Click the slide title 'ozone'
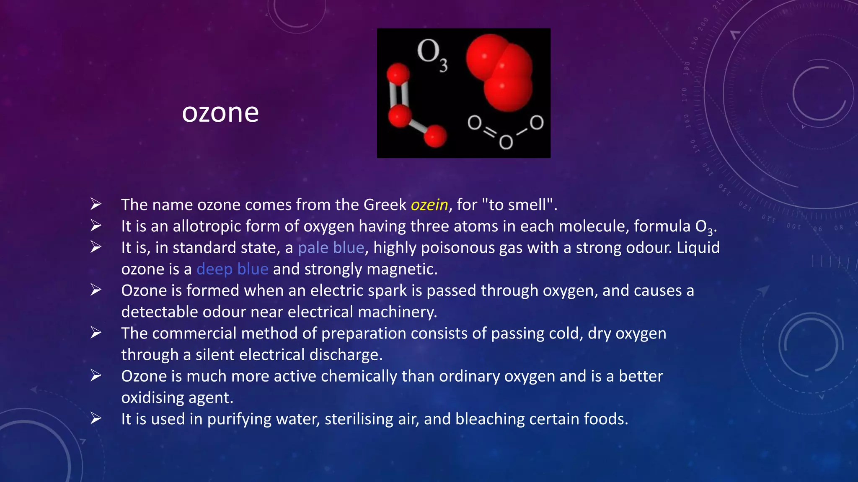[220, 113]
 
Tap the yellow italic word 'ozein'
[429, 205]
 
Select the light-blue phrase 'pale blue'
[331, 248]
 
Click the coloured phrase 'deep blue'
[232, 269]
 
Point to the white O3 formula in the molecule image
[432, 54]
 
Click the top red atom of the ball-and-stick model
[398, 74]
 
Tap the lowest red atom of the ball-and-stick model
[435, 136]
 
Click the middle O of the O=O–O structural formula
[506, 142]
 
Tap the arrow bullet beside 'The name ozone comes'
[96, 204]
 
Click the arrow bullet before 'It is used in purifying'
[96, 418]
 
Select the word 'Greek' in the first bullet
[385, 205]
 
